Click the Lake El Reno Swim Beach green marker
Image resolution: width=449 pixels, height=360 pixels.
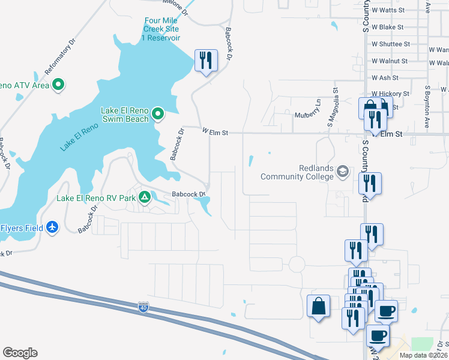[x=158, y=113]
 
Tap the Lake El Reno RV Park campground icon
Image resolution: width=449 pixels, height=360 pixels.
[x=145, y=197]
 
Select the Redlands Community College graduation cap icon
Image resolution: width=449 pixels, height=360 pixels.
[x=343, y=172]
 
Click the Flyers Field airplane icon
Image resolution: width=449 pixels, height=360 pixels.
[x=53, y=227]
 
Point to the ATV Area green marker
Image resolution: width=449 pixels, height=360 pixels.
[x=58, y=85]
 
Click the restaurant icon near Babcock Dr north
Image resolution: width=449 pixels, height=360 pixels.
[x=206, y=60]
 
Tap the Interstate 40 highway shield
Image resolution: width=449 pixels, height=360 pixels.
[x=143, y=308]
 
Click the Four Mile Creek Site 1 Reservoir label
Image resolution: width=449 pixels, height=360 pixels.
[x=161, y=29]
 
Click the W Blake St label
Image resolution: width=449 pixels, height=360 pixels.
[x=387, y=27]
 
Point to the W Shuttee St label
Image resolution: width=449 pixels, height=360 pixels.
[x=391, y=44]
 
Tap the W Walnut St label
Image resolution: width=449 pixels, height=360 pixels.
[x=389, y=61]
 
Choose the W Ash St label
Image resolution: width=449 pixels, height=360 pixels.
[x=385, y=77]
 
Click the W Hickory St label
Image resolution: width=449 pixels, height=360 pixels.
[x=390, y=94]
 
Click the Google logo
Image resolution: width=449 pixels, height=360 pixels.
[x=20, y=353]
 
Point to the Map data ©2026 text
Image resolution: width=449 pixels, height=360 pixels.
[x=423, y=355]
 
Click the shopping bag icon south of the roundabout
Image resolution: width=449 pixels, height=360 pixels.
[x=318, y=307]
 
